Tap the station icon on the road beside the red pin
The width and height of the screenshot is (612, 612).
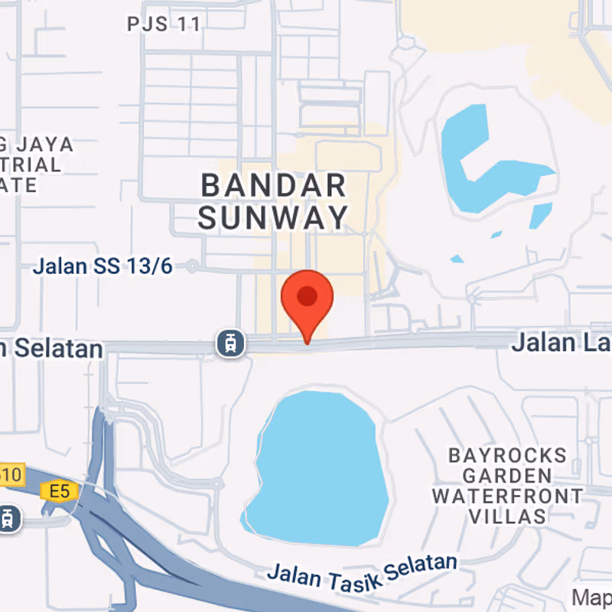[x=231, y=343]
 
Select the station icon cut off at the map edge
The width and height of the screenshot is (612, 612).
[x=7, y=518]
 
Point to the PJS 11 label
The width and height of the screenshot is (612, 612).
[x=164, y=24]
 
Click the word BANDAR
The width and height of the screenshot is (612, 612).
[x=273, y=185]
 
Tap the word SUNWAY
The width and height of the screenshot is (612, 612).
[x=273, y=218]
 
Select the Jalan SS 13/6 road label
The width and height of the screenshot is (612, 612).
[x=103, y=267]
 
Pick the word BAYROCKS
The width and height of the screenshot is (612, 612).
[x=507, y=456]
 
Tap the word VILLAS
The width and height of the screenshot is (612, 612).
[x=507, y=516]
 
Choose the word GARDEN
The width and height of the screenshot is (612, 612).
[x=507, y=476]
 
